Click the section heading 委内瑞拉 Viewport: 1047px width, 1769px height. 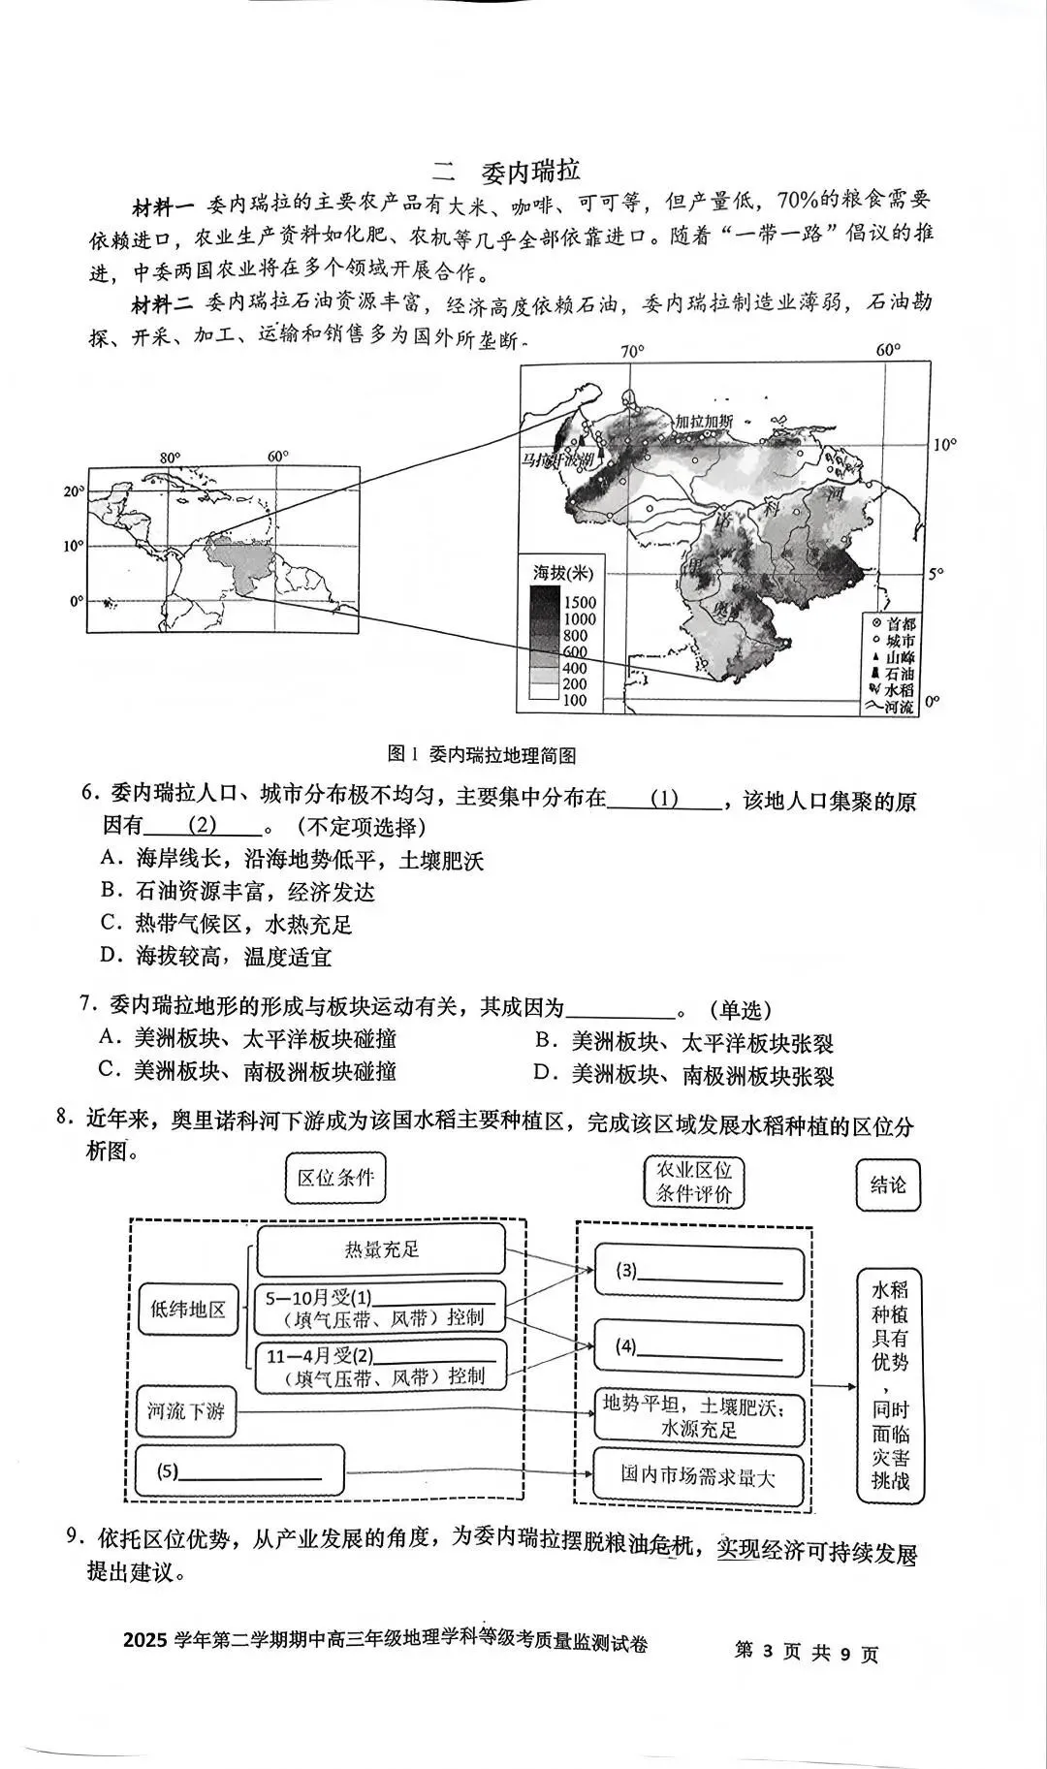[530, 171]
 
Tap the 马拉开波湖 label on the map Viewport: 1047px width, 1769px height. [556, 459]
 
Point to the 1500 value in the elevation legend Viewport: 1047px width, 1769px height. [580, 602]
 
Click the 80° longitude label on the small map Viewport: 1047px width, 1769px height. [170, 458]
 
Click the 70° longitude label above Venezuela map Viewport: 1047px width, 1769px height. [632, 351]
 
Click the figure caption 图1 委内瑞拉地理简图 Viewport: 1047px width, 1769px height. [482, 755]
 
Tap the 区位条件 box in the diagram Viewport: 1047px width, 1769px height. [335, 1178]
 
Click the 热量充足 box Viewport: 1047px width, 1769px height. [381, 1249]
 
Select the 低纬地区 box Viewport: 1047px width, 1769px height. [187, 1310]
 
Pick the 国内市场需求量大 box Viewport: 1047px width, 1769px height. [698, 1476]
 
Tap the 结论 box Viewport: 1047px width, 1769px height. [887, 1185]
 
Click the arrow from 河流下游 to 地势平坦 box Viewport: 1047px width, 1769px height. [417, 1411]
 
